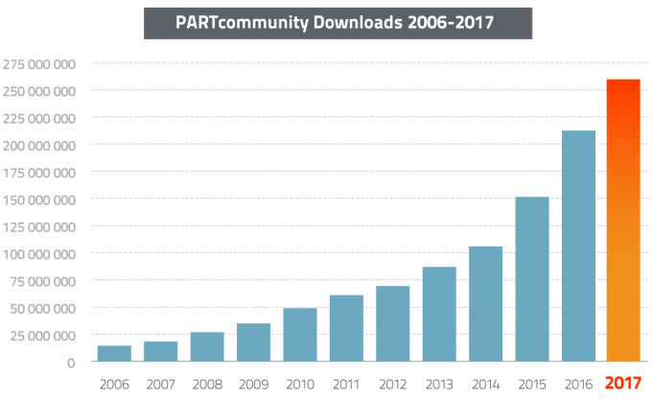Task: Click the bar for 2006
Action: click(114, 354)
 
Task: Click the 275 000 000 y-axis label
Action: click(40, 64)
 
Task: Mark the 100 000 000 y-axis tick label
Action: click(40, 254)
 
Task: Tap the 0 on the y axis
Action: click(71, 363)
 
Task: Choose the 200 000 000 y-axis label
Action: click(40, 146)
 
